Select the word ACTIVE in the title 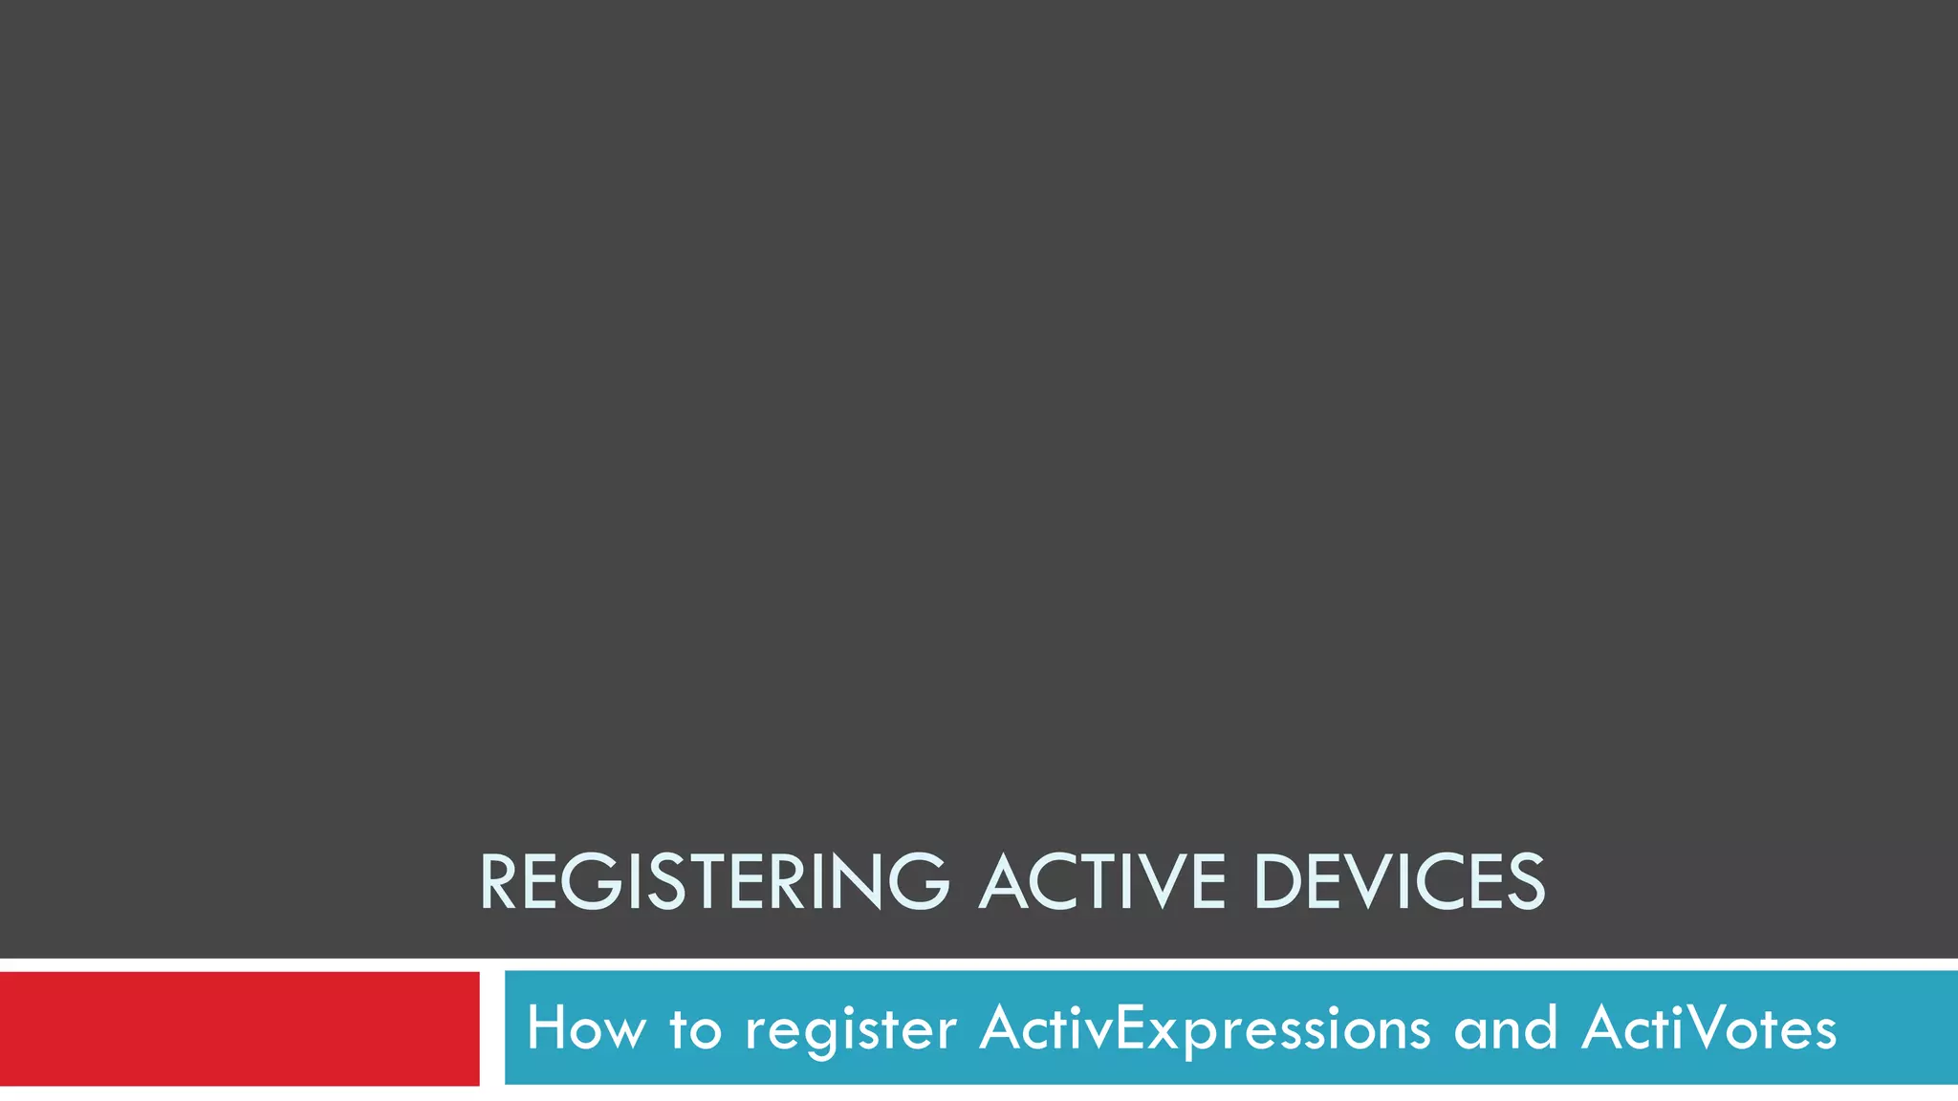click(1102, 881)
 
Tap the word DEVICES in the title click(1399, 881)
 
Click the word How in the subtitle click(585, 1028)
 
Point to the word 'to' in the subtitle click(695, 1028)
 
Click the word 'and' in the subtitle click(1506, 1028)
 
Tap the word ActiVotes click(1708, 1028)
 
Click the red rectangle click(239, 1028)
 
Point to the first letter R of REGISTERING click(499, 881)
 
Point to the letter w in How click(625, 1032)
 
